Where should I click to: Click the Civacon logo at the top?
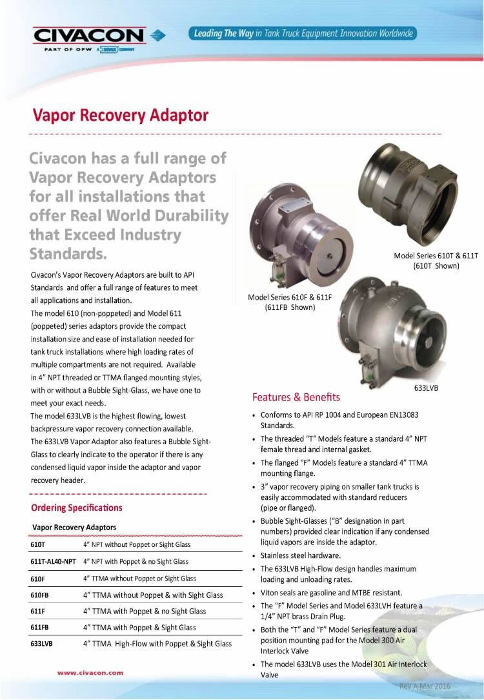(90, 37)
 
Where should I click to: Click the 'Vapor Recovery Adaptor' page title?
(121, 116)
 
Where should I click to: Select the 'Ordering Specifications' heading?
(76, 508)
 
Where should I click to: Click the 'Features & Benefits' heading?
(296, 396)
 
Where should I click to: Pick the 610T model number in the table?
(38, 544)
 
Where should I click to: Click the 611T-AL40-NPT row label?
(53, 562)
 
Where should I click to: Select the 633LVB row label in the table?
(42, 644)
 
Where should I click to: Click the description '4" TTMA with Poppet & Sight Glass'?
(139, 628)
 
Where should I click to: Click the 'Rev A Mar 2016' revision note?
(425, 686)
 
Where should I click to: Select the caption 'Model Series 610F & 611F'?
(290, 298)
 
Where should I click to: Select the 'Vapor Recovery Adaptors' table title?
(74, 528)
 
